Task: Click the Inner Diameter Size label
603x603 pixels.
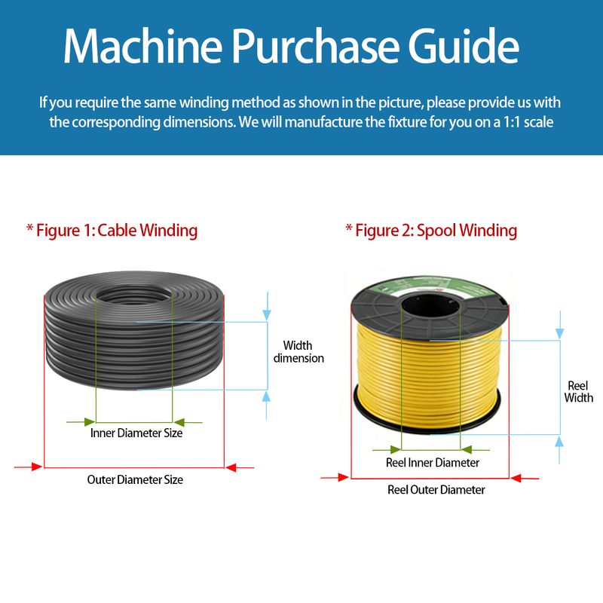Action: click(136, 433)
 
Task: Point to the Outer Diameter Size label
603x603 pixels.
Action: click(135, 479)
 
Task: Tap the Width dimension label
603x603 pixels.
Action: click(298, 352)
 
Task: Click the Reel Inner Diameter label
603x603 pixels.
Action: click(432, 462)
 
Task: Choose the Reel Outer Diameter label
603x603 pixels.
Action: click(436, 490)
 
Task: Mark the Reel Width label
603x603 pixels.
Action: click(578, 391)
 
